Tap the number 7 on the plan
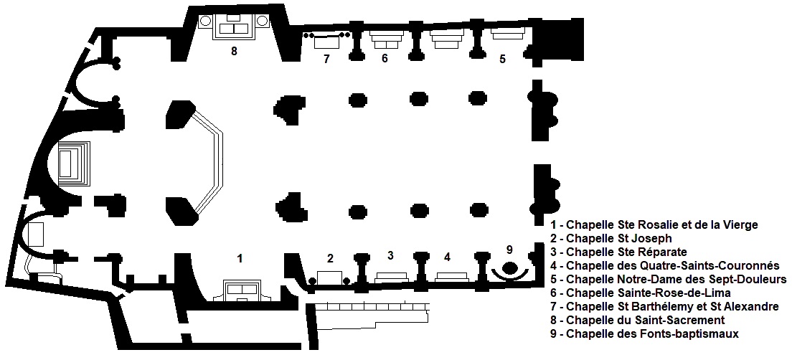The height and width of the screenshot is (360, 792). (326, 59)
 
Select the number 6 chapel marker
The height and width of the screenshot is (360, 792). (385, 59)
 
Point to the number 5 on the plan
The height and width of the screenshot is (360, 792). (502, 59)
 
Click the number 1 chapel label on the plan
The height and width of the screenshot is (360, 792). (240, 258)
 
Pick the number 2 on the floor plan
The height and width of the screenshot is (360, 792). (330, 258)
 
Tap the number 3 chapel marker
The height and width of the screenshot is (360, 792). (390, 255)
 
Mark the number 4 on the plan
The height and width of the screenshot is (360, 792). (447, 257)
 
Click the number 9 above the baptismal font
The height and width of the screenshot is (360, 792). (509, 249)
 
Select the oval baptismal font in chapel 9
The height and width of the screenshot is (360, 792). (509, 266)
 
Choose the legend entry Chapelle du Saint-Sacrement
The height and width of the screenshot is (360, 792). (638, 320)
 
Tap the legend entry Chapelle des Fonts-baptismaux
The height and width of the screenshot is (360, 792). (645, 333)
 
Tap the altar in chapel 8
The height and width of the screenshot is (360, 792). (234, 27)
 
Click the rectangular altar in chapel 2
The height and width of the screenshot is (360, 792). (329, 278)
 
